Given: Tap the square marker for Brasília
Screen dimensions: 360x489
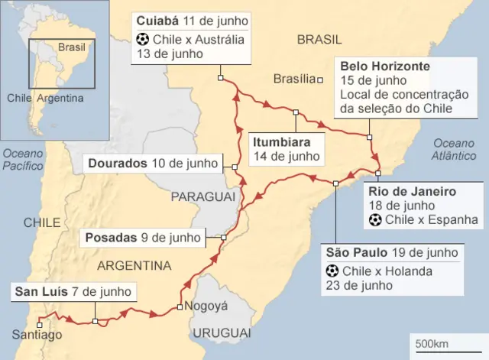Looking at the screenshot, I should [x=322, y=79].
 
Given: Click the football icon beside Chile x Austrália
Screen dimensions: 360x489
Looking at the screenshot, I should [x=142, y=38].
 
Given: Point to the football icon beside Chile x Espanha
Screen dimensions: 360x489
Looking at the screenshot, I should [x=375, y=221].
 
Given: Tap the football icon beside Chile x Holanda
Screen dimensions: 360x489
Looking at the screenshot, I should [x=332, y=271].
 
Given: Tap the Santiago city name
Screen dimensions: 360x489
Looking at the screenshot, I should [x=37, y=335].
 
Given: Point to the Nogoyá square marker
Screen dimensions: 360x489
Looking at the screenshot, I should [x=179, y=307].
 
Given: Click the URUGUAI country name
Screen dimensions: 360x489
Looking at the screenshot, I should [x=221, y=333].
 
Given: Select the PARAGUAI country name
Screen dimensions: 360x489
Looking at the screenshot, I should [x=202, y=197].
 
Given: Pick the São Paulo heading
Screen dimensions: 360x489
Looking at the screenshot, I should [x=359, y=253].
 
